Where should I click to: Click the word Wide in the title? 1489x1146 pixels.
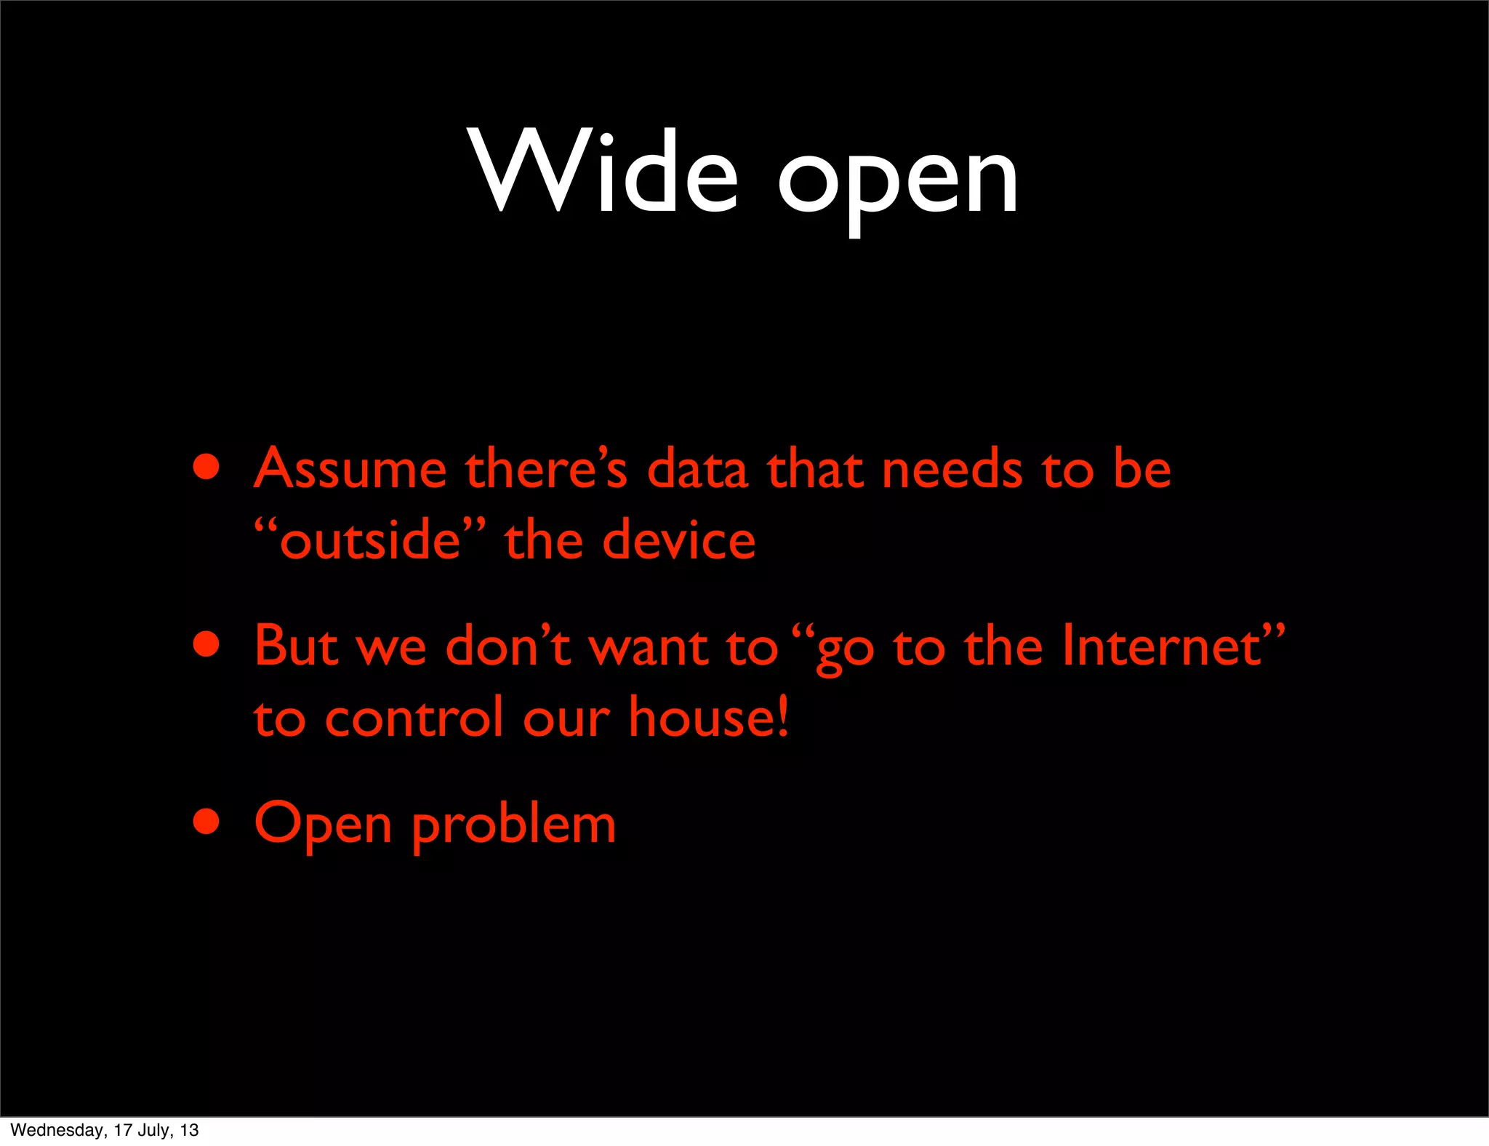click(x=604, y=172)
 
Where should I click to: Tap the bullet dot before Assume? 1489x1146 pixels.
click(x=206, y=468)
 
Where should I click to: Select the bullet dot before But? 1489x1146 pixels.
click(x=206, y=644)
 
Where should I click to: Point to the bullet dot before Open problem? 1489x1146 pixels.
click(x=206, y=822)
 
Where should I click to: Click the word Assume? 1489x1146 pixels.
click(x=350, y=469)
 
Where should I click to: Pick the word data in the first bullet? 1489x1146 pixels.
click(x=697, y=469)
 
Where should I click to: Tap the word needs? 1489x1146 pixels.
click(x=952, y=469)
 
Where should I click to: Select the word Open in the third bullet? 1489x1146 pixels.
click(x=323, y=825)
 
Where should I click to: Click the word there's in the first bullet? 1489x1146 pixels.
click(x=546, y=469)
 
